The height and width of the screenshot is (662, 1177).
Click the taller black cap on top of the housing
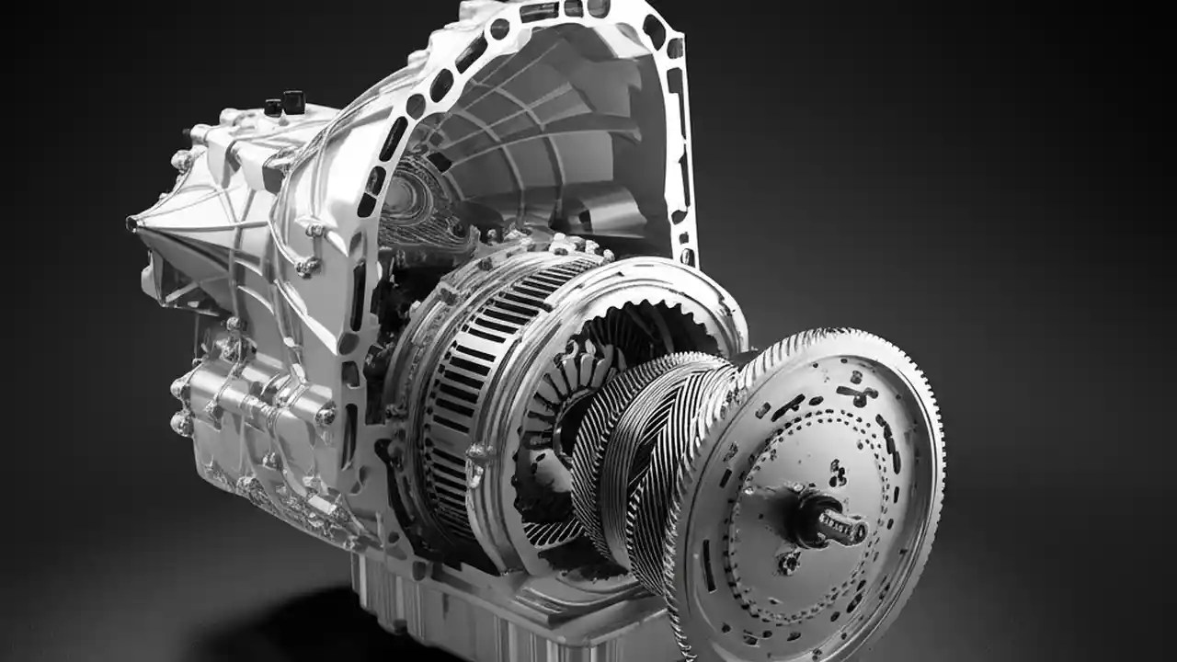(x=293, y=101)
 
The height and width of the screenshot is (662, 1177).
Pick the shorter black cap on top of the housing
(x=273, y=107)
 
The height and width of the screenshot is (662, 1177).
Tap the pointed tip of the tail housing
(x=133, y=223)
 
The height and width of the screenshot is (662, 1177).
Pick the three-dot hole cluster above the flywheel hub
(x=837, y=474)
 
